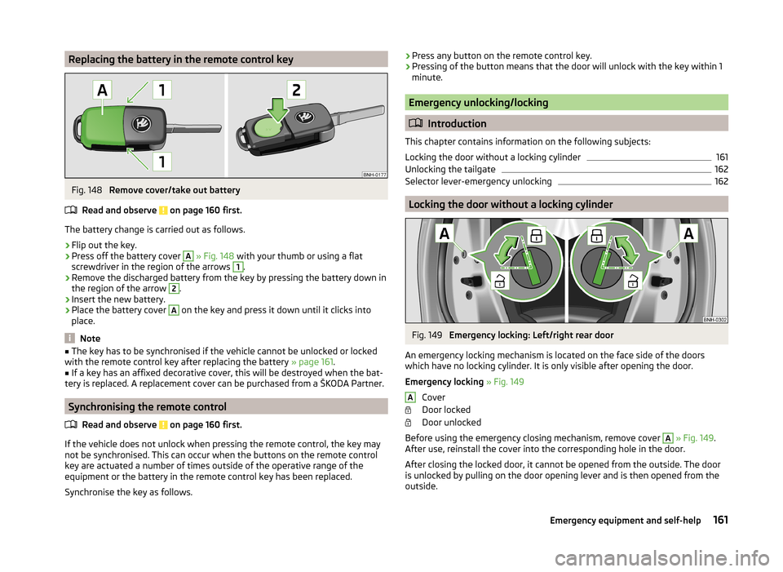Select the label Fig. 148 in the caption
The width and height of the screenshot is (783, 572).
pos(85,190)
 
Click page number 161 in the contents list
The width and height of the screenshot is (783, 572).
pos(722,157)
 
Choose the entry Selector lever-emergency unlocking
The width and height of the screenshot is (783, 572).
pos(478,181)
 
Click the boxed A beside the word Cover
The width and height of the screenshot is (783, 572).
pos(410,397)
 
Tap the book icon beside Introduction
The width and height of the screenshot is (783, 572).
pos(414,124)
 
